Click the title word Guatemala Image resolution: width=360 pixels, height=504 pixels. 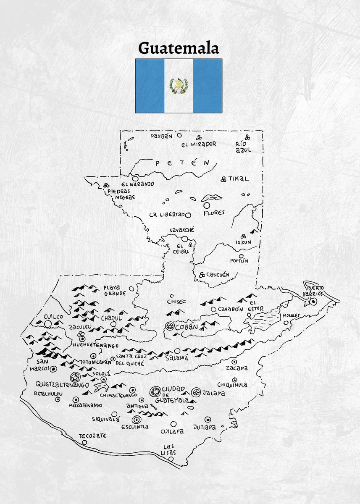click(179, 48)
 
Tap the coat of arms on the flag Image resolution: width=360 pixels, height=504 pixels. click(179, 86)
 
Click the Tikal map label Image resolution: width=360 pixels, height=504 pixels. click(239, 178)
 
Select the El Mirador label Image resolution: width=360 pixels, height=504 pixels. click(199, 144)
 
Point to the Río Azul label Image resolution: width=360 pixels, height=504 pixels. click(243, 147)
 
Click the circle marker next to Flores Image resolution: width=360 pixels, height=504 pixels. click(207, 205)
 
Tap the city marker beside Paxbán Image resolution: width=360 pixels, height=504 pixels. click(179, 135)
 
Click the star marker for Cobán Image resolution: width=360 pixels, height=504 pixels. click(170, 326)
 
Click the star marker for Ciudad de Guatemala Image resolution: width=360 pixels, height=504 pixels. click(155, 391)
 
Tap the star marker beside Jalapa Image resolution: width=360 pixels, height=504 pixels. click(195, 393)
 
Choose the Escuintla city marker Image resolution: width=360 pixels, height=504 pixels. click(136, 420)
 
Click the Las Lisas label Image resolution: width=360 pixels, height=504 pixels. click(169, 449)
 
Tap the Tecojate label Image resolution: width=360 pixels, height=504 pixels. click(92, 436)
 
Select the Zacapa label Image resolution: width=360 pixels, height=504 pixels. click(236, 368)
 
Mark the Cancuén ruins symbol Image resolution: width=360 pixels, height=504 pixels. click(202, 275)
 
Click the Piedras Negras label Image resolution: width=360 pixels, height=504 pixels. click(121, 194)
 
